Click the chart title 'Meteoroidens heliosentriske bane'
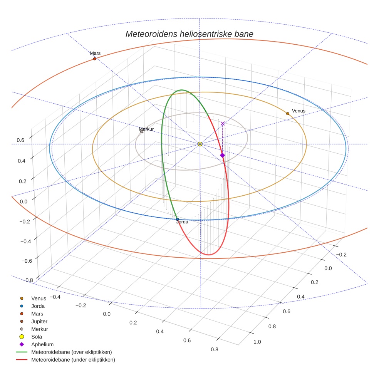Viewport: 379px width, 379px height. (x=189, y=34)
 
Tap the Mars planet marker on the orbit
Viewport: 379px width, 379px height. (x=95, y=59)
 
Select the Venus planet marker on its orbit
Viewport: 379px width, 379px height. (x=288, y=114)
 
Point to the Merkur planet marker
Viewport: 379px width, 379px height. (x=142, y=132)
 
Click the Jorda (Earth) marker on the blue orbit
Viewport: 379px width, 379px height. (x=177, y=219)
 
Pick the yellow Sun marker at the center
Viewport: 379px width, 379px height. (x=200, y=144)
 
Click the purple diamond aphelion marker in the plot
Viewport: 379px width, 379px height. (x=222, y=155)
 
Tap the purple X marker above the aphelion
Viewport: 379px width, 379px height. (x=223, y=124)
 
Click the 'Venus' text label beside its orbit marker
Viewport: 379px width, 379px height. (x=299, y=111)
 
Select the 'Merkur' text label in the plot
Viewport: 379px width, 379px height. (x=146, y=129)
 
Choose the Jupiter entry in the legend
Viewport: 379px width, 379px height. (x=39, y=321)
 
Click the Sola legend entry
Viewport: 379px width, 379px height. (x=37, y=337)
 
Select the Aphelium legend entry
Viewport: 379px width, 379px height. (x=42, y=344)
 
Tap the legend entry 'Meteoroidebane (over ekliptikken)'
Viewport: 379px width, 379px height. (x=72, y=352)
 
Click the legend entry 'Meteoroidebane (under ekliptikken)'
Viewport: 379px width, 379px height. (x=73, y=360)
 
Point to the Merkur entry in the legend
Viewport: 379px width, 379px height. (x=39, y=329)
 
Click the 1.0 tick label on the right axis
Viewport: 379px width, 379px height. (x=257, y=342)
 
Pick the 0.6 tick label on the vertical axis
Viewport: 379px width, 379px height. (x=20, y=141)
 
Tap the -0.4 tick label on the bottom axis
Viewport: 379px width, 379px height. (x=54, y=297)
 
